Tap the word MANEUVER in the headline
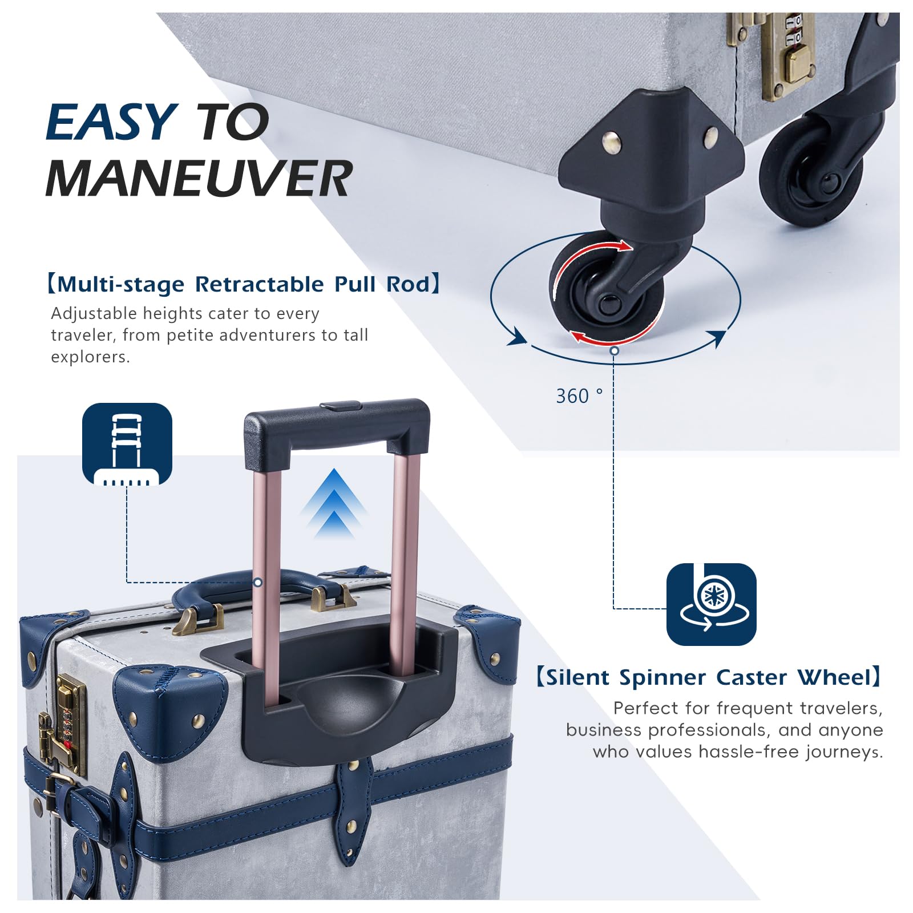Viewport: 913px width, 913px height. coord(199,178)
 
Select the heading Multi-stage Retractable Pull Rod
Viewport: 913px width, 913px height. coord(244,284)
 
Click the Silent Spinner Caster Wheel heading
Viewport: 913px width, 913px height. coord(709,677)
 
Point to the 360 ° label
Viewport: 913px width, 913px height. coord(579,395)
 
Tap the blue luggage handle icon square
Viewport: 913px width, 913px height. coord(127,444)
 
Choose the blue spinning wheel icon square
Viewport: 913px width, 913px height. coord(712,604)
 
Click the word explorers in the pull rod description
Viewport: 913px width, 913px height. coord(90,357)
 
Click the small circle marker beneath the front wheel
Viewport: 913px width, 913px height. coord(614,350)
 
